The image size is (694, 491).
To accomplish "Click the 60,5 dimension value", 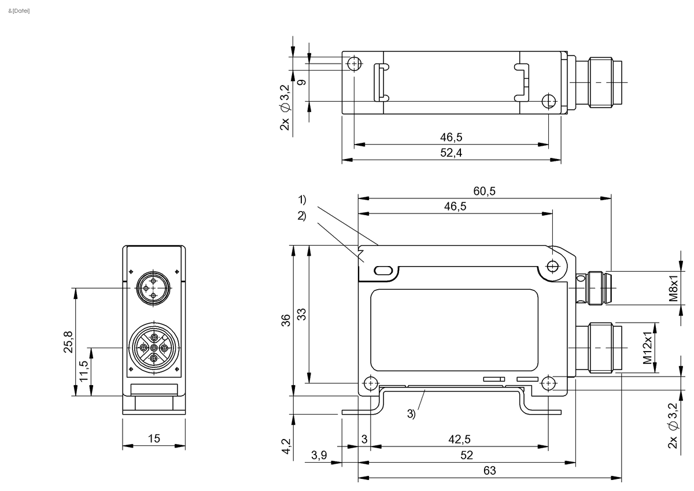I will click(x=484, y=191).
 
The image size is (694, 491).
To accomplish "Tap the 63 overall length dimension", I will click(x=489, y=471).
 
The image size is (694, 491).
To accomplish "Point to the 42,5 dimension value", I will click(x=460, y=439).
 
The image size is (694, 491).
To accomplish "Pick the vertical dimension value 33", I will click(x=301, y=314).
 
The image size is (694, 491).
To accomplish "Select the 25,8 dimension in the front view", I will click(x=68, y=342).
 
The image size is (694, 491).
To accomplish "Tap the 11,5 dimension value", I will click(x=84, y=372).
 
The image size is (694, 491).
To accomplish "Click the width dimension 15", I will click(x=153, y=439).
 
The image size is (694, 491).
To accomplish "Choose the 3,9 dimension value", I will click(x=319, y=455).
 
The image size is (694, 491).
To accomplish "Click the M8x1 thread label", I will click(x=673, y=287).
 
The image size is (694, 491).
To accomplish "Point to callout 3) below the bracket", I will click(x=411, y=414).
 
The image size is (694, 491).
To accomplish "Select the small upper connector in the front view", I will click(x=153, y=287).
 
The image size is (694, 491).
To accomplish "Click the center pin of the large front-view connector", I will click(x=153, y=348).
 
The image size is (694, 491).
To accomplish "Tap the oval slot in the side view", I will click(x=383, y=270).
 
